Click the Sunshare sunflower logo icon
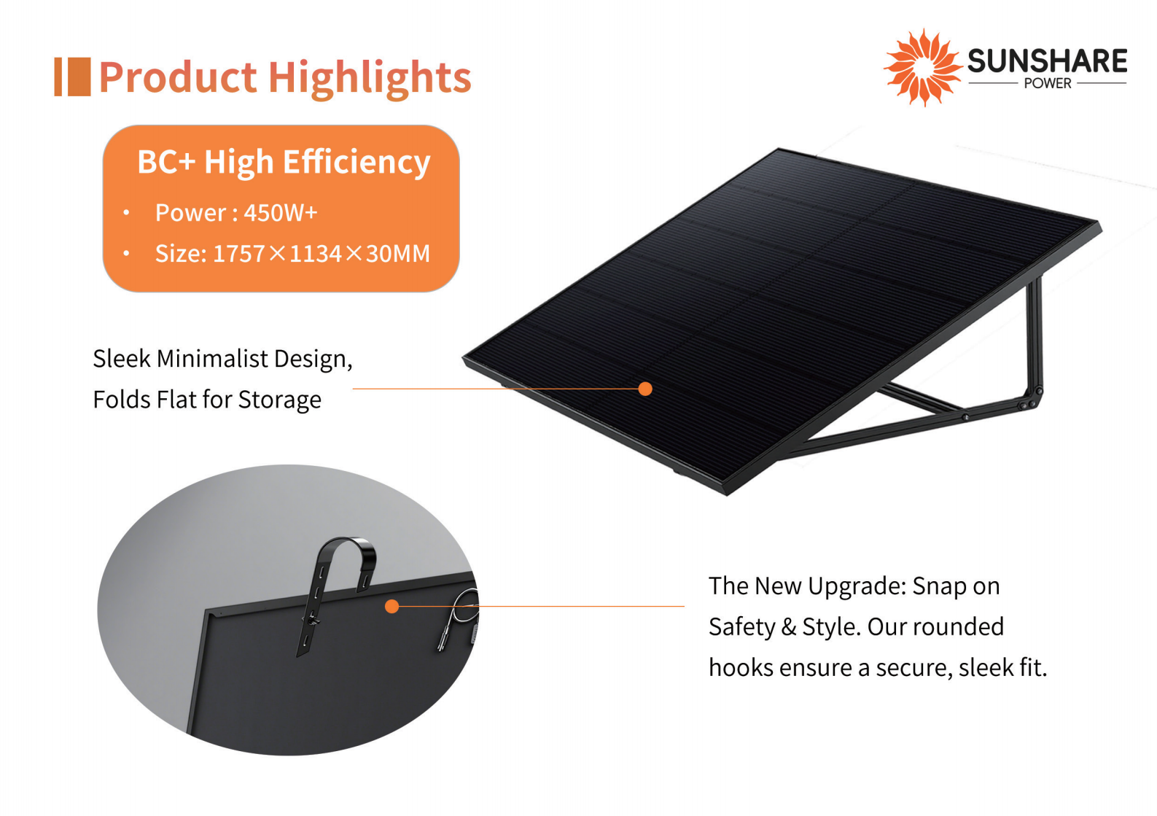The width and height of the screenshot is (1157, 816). coord(923,67)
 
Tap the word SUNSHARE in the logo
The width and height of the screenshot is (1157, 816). coord(1047,61)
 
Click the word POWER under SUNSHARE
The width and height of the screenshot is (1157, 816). coord(1048,83)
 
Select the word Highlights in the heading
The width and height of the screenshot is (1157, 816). coord(370,78)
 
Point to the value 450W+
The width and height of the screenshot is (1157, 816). coord(281,212)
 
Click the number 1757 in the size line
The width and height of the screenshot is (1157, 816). coord(239,253)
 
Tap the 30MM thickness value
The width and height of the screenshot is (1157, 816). coord(398,253)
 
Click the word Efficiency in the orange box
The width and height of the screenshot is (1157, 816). coord(357,162)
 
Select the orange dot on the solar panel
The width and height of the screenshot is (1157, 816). coord(645,389)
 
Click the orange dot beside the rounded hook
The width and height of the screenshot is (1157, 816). coord(392,606)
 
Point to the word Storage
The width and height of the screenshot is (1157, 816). coord(279,400)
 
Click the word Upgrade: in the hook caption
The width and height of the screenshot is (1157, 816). coord(857,586)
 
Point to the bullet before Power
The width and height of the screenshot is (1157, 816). coord(127,212)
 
